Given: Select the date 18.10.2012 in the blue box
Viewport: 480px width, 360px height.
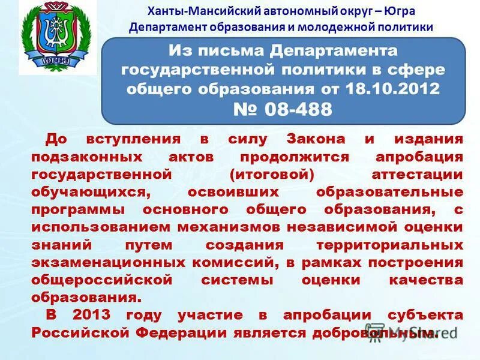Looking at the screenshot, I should click(x=393, y=89).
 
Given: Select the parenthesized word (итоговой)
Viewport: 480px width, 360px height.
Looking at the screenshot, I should click(x=272, y=175).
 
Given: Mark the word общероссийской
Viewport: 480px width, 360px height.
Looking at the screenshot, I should click(x=103, y=281).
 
